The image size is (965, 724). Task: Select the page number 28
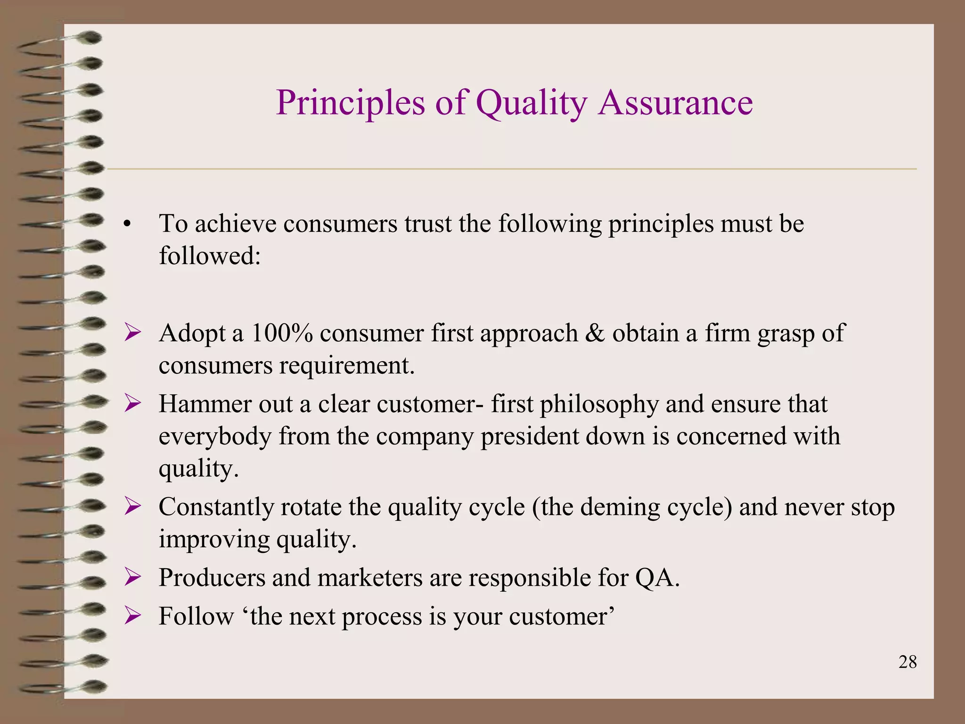click(907, 662)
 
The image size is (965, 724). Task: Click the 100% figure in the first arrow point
click(282, 333)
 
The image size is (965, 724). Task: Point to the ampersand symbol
click(595, 333)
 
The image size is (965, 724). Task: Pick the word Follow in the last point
click(196, 616)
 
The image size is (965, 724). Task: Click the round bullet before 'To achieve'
click(126, 225)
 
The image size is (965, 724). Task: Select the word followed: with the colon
click(210, 256)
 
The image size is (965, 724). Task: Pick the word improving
click(214, 540)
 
